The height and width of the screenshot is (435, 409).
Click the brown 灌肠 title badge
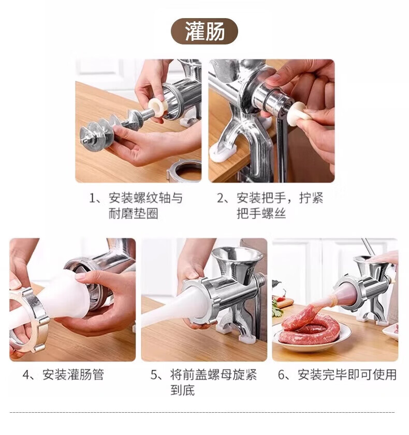coord(204,31)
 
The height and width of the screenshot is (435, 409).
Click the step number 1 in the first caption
coord(93,198)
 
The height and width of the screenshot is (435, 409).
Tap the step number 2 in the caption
coord(221,198)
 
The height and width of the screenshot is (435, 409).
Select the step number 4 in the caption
coord(26,375)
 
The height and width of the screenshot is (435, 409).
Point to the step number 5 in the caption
coord(154,375)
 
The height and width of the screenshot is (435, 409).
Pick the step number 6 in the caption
coord(282,375)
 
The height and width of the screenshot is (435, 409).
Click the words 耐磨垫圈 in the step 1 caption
coord(133,214)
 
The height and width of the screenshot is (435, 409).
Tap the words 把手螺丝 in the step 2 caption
coord(261,214)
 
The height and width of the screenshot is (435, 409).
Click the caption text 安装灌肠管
coord(74,375)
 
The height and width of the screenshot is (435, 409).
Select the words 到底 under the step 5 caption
coord(182,390)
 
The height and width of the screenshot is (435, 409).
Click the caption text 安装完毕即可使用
coord(347,375)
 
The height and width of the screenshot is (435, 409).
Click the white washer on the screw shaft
coord(157,107)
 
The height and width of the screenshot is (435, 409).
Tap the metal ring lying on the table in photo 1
coord(184,170)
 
